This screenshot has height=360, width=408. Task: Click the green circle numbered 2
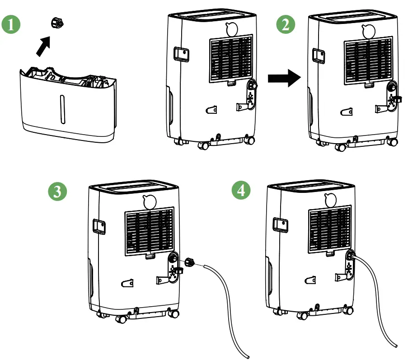[x=285, y=24]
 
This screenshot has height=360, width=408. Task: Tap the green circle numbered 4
[x=241, y=191]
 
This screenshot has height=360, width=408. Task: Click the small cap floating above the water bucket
[x=57, y=22]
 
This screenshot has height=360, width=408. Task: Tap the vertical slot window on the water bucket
[x=62, y=109]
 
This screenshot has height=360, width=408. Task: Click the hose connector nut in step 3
[x=189, y=262]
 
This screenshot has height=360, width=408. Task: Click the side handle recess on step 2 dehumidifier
[x=317, y=54]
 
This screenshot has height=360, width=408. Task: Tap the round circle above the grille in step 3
[x=150, y=200]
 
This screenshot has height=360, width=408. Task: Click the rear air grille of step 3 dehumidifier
[x=149, y=231]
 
